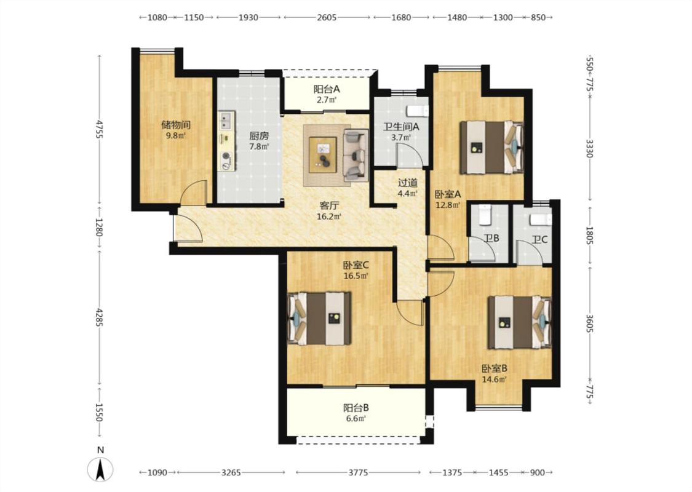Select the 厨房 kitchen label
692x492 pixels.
click(x=258, y=137)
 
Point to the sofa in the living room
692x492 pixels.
click(x=356, y=155)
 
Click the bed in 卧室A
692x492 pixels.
click(x=491, y=148)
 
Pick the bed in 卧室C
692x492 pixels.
click(x=319, y=318)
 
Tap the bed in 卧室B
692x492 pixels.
click(x=519, y=322)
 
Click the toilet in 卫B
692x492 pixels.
click(x=485, y=213)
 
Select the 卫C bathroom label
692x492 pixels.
click(x=539, y=240)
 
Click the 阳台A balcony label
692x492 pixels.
click(x=327, y=89)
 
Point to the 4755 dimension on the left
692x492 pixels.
click(x=99, y=129)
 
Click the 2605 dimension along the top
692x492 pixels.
click(x=327, y=18)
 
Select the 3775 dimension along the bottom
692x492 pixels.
click(x=358, y=472)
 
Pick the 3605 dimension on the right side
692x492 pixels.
click(x=590, y=323)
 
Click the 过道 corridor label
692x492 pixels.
click(x=407, y=183)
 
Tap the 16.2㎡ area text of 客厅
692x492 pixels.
click(x=329, y=216)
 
